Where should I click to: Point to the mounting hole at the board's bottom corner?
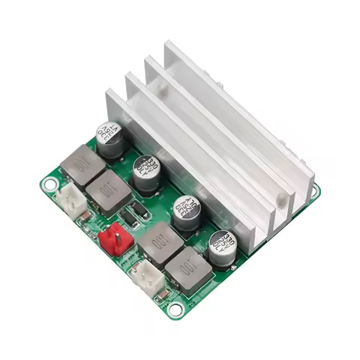pos(175,308)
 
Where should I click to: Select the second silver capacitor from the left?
pos(146,172)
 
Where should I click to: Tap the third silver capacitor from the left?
pos(186,212)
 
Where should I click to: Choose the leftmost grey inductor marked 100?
pos(82,164)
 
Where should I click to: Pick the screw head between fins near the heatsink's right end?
pos(281,199)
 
